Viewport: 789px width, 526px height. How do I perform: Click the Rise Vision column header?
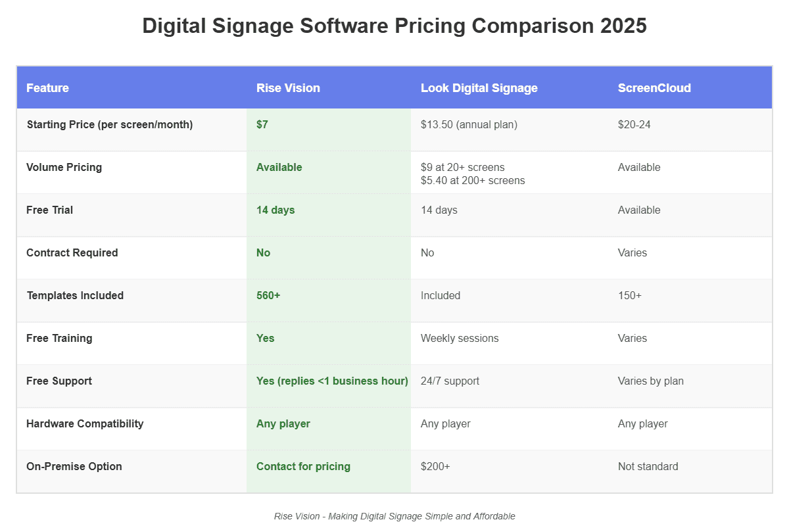tap(288, 88)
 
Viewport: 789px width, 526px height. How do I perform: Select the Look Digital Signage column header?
tap(479, 88)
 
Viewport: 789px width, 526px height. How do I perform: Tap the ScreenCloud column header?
tap(654, 88)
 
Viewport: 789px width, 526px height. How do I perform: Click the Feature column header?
tap(47, 88)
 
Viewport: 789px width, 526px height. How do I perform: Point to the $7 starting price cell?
tap(262, 124)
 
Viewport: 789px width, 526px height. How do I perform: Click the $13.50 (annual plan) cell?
tap(469, 124)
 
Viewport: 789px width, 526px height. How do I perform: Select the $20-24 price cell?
tap(634, 124)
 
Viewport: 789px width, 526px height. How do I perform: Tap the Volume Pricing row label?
tap(64, 167)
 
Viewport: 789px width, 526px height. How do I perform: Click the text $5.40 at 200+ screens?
tap(473, 180)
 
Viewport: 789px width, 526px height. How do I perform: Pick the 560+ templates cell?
tap(268, 295)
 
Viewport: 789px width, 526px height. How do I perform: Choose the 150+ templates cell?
tap(629, 295)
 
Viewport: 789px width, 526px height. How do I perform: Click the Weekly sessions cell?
tap(460, 338)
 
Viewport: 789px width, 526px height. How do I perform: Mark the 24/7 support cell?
tap(450, 381)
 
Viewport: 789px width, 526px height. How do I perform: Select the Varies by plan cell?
tap(650, 381)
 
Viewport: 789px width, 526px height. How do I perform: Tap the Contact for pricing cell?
tap(303, 466)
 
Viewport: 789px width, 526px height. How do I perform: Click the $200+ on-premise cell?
tap(435, 466)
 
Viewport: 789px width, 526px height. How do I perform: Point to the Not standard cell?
tap(648, 466)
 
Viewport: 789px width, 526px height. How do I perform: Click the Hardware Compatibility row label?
tap(85, 423)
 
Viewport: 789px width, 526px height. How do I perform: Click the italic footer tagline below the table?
tap(394, 516)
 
